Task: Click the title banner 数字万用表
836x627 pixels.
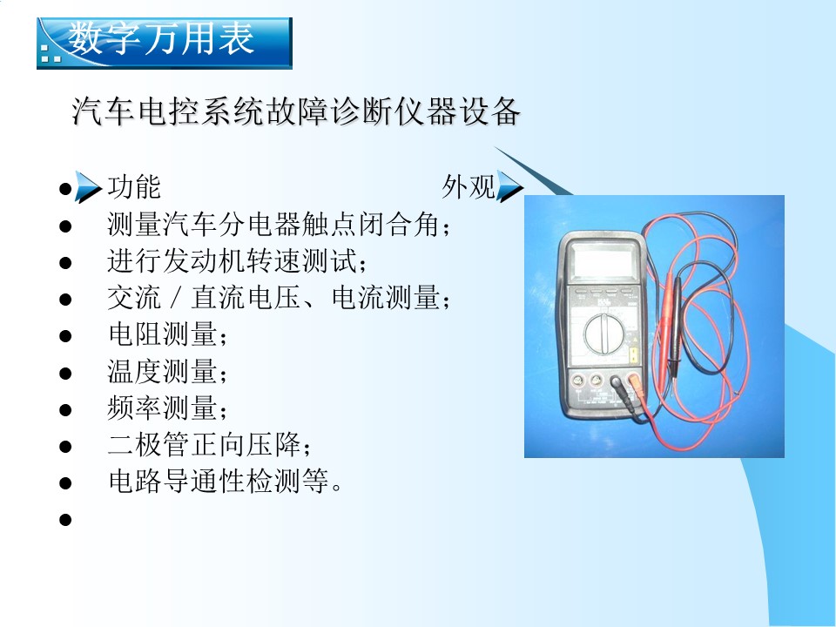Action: (165, 43)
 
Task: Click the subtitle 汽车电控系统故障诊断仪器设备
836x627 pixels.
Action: (296, 111)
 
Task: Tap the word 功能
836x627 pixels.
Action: (134, 186)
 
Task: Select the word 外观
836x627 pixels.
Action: (469, 186)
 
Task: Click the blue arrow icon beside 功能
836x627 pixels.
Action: (88, 187)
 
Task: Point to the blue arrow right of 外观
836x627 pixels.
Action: (509, 186)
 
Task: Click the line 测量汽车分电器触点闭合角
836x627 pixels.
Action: (279, 224)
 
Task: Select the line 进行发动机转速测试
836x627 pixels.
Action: (237, 260)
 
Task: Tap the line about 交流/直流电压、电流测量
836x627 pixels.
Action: (279, 298)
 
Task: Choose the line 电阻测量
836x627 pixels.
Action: (167, 334)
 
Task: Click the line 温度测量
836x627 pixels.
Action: (167, 371)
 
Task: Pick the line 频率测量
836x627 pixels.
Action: (167, 408)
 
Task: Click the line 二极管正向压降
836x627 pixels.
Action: (209, 445)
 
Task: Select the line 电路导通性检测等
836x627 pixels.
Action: (225, 481)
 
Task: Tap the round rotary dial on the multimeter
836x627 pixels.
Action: (604, 334)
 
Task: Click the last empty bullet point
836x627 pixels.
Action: (65, 519)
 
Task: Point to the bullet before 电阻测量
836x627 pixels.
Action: (65, 336)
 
